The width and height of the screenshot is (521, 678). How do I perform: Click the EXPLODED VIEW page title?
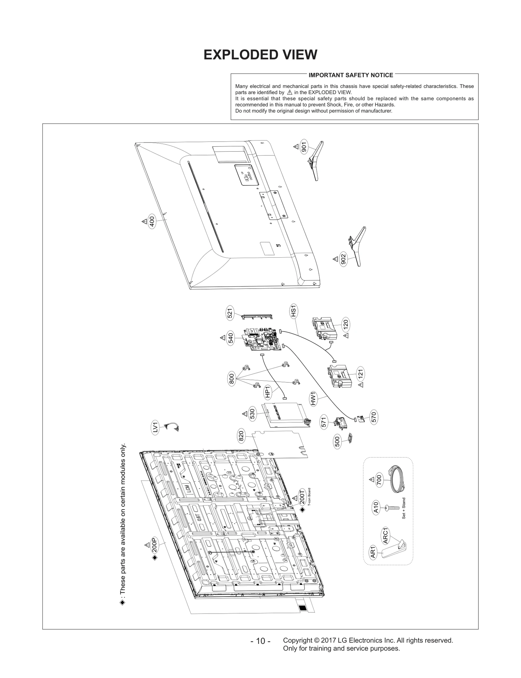click(260, 55)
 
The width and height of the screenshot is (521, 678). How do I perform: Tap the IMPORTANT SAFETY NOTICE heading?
click(351, 75)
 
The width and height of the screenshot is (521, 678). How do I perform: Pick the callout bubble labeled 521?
click(230, 314)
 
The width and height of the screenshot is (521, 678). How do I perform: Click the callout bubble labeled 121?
click(360, 374)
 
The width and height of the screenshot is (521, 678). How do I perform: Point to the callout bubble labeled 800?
click(232, 380)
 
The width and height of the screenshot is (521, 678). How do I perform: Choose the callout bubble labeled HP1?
click(268, 392)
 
